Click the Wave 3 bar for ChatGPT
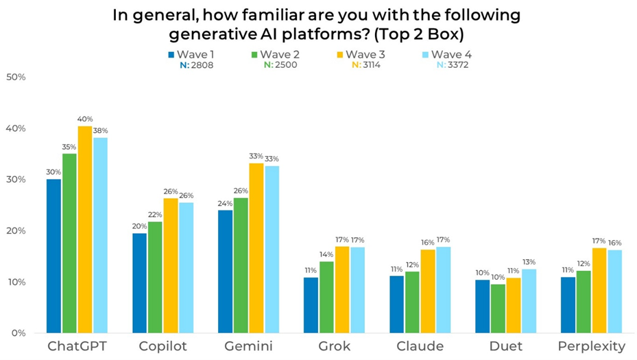click(85, 230)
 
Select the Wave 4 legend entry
click(450, 54)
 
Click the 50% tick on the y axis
click(15, 77)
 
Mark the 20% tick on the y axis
click(15, 231)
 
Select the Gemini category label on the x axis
click(247, 347)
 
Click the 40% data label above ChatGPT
click(85, 119)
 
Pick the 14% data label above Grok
click(327, 254)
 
